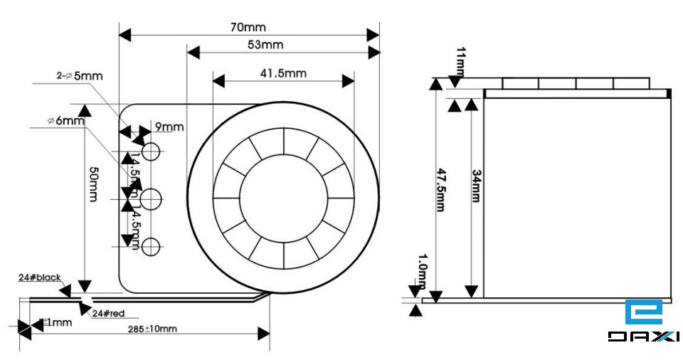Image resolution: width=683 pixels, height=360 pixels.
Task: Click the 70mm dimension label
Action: coord(248,27)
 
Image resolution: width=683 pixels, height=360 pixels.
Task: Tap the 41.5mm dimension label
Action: coord(283,73)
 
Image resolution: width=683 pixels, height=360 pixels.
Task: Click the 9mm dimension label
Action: coord(169,127)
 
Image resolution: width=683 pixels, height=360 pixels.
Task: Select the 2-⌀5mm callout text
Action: coord(79,75)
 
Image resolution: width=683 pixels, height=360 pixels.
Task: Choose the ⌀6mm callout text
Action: coord(65,121)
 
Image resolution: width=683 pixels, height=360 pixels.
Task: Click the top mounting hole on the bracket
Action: coord(151,151)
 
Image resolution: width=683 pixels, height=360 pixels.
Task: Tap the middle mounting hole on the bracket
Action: coord(151,198)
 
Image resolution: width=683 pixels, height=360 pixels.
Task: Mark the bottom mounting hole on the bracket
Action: coord(151,247)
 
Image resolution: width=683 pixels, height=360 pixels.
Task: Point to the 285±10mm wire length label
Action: coord(152,329)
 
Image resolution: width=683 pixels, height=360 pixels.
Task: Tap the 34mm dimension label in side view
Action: coord(477,186)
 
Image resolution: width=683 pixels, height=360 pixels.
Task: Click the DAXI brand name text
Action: coord(643,337)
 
